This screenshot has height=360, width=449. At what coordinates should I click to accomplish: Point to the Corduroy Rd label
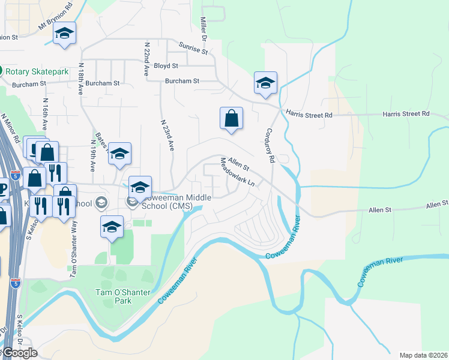(269, 145)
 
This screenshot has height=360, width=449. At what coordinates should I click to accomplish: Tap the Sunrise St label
(193, 47)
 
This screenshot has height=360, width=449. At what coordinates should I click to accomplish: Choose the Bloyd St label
(166, 65)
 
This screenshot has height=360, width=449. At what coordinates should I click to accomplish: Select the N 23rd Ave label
(167, 134)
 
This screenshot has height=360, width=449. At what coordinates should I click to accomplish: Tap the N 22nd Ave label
(146, 59)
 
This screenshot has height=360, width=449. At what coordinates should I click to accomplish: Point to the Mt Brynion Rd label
(55, 20)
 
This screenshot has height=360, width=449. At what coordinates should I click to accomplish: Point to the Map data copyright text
(423, 355)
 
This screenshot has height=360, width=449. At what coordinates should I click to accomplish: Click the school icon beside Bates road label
(119, 154)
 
